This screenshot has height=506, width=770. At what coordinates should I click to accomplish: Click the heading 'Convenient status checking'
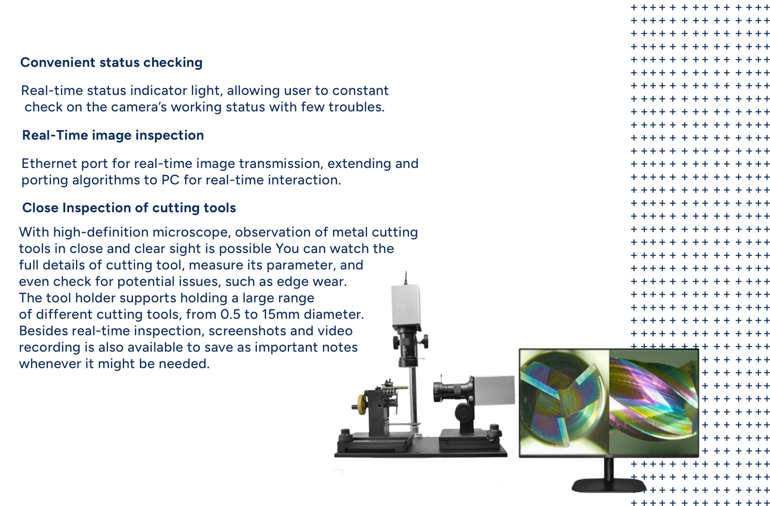111,62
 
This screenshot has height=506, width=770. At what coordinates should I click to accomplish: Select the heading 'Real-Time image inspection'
113,135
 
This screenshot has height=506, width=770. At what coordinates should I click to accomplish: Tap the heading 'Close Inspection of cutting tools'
129,208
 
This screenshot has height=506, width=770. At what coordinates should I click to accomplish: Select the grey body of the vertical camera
406,305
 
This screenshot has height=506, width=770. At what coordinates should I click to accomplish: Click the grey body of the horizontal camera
494,390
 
